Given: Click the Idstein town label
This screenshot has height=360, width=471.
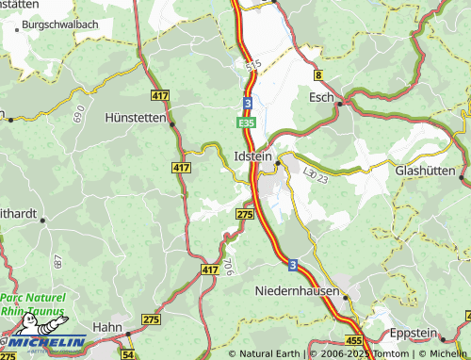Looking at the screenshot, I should pos(252,154).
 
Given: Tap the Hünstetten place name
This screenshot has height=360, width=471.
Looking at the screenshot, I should pos(135,119).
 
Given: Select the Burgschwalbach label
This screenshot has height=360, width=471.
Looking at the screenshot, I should pos(57,24).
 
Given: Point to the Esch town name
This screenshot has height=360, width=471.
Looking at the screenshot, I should pos(322,96).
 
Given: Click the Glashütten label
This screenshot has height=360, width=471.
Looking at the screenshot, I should pos(425,171).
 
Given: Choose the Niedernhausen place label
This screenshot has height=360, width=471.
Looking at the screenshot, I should pos(297,291).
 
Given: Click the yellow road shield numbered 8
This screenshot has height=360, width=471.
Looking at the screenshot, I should pos(319,74).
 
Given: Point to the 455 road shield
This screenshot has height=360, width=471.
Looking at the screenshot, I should pos(353,339).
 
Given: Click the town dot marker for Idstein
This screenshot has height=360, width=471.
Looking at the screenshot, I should pos(277,162).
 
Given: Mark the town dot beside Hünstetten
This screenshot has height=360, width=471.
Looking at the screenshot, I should pos(173,121).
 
